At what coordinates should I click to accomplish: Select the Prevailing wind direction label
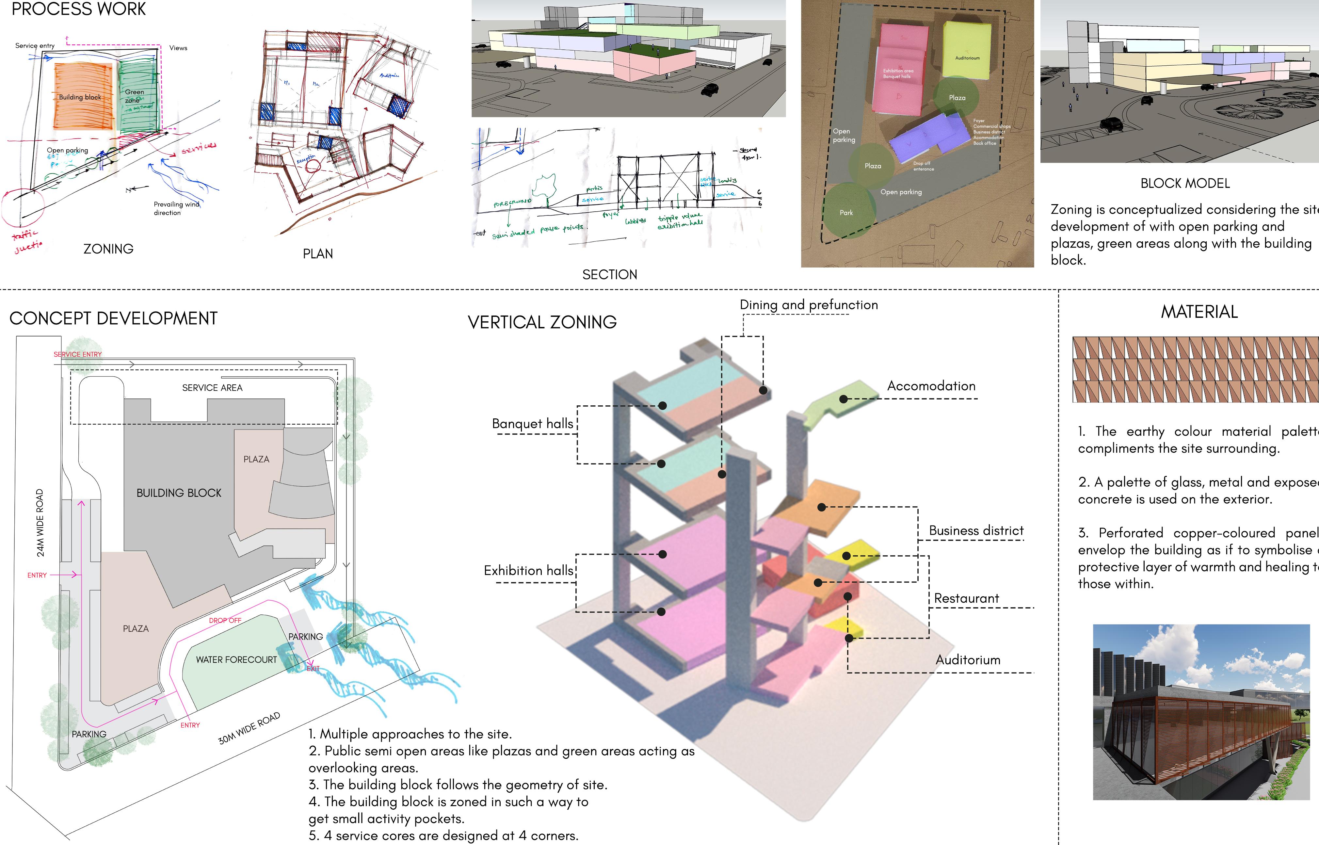pos(176,208)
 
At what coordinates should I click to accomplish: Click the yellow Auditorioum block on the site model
pos(966,49)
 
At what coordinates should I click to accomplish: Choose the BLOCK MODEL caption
pos(1185,183)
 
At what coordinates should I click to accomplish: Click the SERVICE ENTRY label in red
pos(77,354)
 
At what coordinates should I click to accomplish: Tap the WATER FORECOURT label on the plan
pos(236,659)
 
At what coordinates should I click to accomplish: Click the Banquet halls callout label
pos(532,424)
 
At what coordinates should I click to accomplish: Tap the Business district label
pos(976,530)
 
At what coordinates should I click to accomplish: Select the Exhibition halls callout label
pos(528,571)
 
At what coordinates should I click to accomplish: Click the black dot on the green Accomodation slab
pos(844,399)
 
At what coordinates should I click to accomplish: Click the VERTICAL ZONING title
pos(542,322)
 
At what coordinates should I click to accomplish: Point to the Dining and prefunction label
pos(808,304)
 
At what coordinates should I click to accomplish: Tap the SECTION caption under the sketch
pos(609,274)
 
